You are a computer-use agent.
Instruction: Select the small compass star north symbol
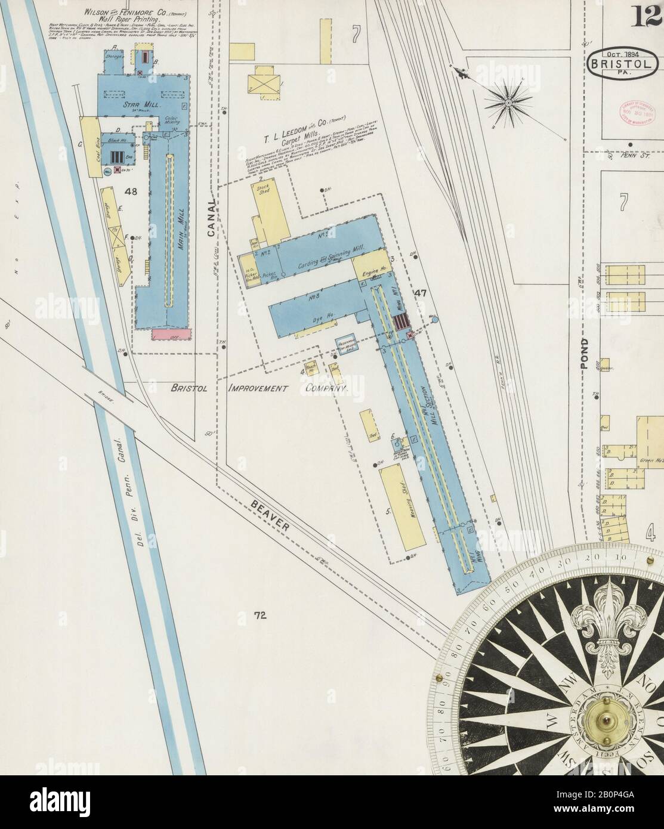(x=507, y=103)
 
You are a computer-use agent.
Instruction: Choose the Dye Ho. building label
(x=322, y=320)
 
